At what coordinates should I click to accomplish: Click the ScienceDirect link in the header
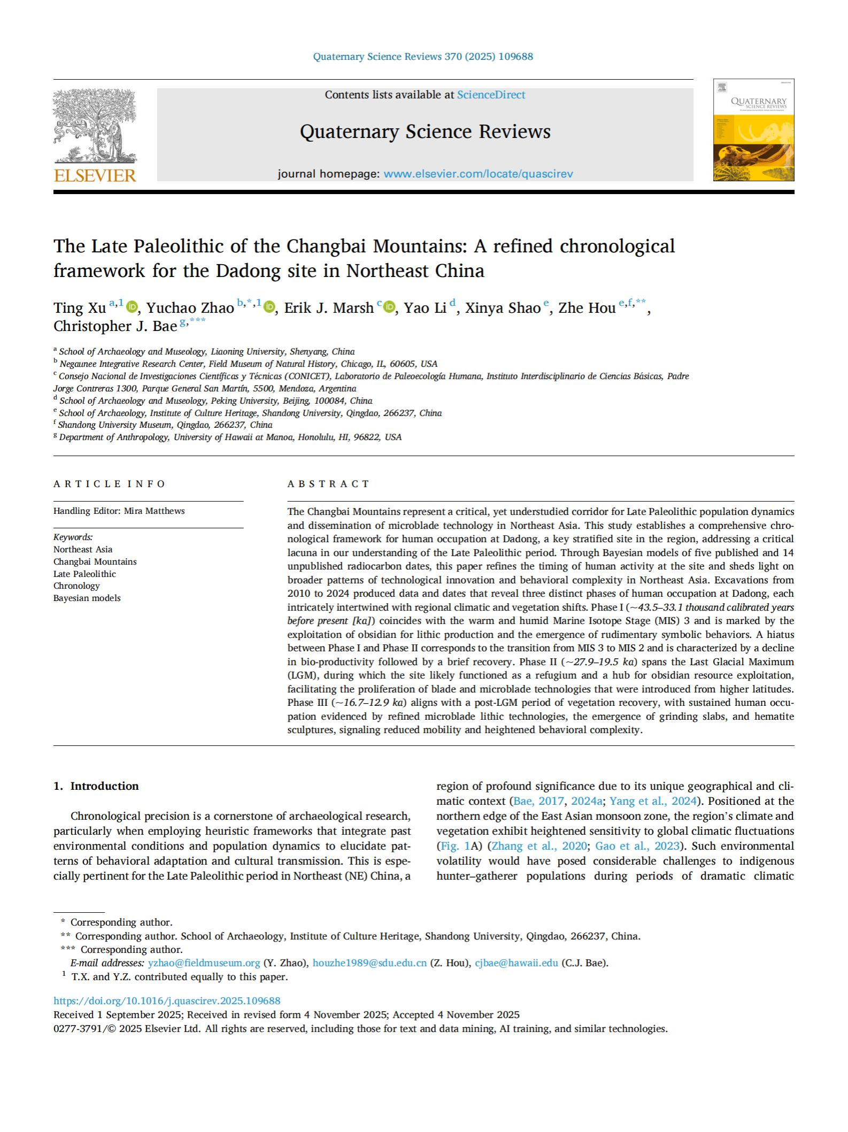point(491,95)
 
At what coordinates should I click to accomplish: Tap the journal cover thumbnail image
point(753,130)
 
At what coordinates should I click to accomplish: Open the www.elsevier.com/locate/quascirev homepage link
point(478,174)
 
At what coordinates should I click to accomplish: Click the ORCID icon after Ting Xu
point(132,307)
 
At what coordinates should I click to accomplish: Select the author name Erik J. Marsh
point(328,308)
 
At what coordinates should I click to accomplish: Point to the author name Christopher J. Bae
point(115,326)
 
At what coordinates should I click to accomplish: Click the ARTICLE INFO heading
point(109,484)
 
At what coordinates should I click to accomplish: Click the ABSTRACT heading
point(328,484)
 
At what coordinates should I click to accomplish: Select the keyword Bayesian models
point(87,598)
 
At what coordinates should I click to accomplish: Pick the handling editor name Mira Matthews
point(154,511)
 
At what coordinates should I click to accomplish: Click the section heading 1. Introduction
point(96,786)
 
